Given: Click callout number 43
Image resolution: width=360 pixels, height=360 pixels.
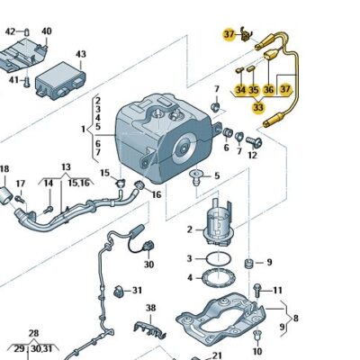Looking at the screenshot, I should (x=81, y=55).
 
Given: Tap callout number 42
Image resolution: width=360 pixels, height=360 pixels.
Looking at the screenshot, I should (x=12, y=31).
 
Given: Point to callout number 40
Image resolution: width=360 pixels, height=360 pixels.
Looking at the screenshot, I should (x=46, y=31).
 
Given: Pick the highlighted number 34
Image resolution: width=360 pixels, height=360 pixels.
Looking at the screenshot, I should (x=240, y=90).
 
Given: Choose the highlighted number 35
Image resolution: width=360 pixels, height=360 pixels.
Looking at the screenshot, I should (x=254, y=90).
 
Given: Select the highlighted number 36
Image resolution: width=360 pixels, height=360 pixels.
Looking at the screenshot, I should (x=268, y=90).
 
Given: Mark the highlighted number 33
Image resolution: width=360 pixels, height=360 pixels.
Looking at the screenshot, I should (x=258, y=107).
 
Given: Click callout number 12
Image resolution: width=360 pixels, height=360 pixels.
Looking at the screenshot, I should (x=252, y=155).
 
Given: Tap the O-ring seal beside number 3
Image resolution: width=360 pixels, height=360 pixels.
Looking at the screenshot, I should (x=213, y=259).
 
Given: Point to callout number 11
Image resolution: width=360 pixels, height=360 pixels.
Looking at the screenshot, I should (x=277, y=290).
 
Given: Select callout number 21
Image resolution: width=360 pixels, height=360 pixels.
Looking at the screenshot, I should (x=217, y=355).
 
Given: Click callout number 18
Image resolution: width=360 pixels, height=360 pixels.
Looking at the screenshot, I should (x=4, y=169).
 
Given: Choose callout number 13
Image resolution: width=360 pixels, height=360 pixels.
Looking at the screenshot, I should (x=65, y=167).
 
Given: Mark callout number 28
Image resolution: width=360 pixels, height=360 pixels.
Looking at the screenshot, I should (x=31, y=333).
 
